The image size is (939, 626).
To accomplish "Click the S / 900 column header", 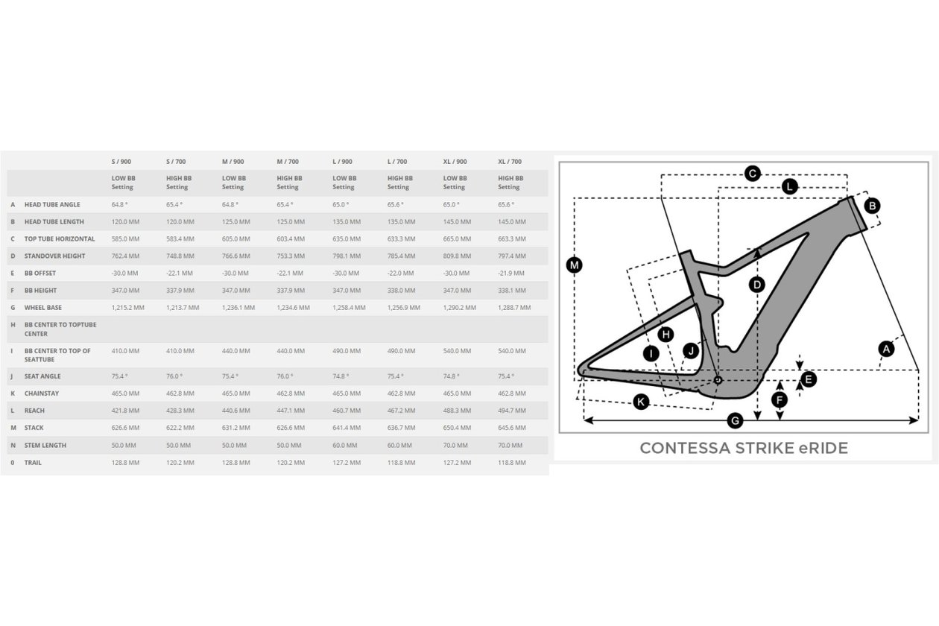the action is click(121, 162).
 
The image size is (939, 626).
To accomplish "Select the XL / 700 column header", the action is click(510, 162).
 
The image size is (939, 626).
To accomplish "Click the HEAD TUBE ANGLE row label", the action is click(52, 205).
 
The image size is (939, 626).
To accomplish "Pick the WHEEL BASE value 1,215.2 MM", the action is click(128, 307).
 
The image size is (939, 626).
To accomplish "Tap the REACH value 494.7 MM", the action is click(512, 411).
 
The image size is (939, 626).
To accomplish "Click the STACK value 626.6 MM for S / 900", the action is click(125, 428).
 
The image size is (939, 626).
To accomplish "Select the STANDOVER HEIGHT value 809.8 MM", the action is click(457, 256).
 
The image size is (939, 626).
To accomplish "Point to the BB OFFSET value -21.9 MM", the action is click(511, 273).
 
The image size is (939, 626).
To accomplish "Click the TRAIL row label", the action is click(33, 463).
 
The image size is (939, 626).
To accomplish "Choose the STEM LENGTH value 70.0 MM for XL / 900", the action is click(455, 446).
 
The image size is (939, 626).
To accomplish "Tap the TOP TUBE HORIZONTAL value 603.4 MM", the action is click(291, 238).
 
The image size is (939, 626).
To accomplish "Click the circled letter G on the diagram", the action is click(735, 420).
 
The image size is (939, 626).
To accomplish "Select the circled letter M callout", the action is click(574, 265).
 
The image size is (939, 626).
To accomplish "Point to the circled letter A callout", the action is click(886, 349).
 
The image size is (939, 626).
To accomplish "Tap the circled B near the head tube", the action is click(873, 206).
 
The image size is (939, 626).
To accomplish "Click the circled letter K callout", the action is click(641, 402).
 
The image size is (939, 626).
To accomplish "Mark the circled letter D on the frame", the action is click(757, 285).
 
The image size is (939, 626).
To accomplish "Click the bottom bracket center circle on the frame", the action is click(718, 380).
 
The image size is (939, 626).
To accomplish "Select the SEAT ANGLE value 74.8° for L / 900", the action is click(341, 376).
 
